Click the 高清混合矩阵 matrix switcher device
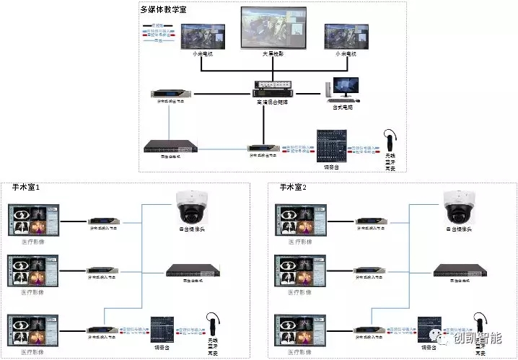(271, 92)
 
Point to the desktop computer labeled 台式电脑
(342, 90)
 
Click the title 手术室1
(25, 188)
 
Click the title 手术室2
(293, 188)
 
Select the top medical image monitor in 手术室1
(33, 220)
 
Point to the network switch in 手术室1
(192, 271)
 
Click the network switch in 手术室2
(458, 271)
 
